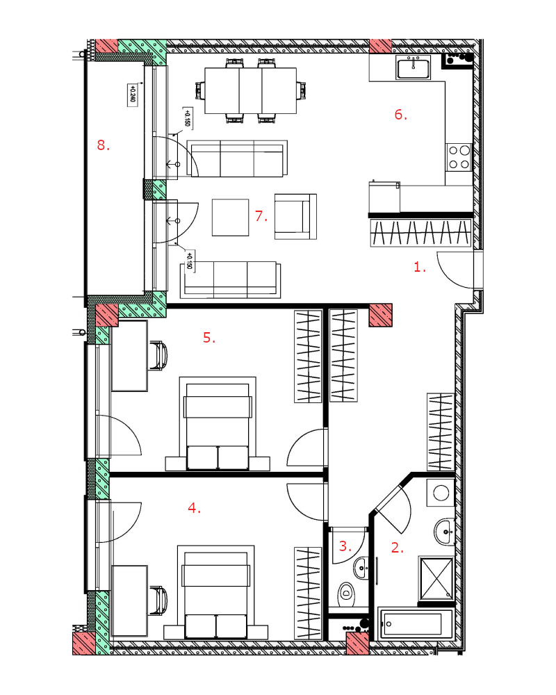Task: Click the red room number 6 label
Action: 401,115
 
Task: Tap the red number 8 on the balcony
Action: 104,145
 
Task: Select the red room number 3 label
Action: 345,546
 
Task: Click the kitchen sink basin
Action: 414,68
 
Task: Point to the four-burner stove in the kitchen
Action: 459,157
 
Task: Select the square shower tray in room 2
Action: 436,578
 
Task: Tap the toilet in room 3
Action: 346,593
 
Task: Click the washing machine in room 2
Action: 441,493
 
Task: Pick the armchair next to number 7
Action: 295,217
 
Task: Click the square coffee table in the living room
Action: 230,217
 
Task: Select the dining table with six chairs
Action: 250,90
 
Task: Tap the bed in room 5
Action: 218,424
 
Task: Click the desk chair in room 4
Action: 158,601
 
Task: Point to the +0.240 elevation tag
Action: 131,95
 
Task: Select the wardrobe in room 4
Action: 308,594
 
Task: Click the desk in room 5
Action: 129,356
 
